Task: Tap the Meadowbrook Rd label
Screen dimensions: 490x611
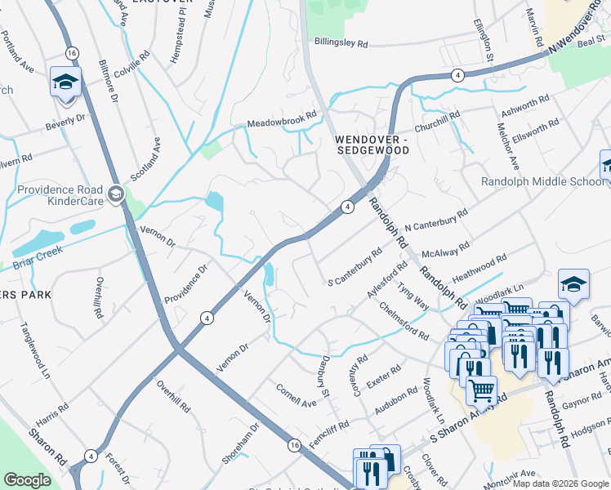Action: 282,120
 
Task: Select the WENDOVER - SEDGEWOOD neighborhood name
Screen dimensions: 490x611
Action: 372,145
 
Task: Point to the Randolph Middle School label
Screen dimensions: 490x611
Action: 542,181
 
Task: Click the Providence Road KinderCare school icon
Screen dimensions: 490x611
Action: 115,194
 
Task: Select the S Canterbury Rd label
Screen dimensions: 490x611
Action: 355,267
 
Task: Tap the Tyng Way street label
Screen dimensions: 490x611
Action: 413,295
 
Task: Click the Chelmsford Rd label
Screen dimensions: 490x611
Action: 404,321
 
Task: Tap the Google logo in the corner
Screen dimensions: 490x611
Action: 27,480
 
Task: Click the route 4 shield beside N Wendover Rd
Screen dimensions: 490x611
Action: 457,75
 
